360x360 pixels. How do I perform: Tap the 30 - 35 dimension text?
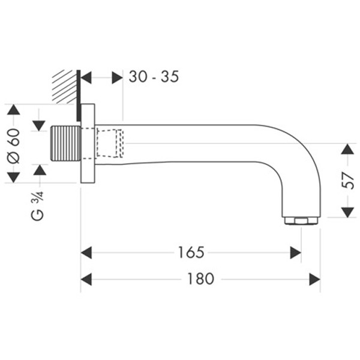[154, 77]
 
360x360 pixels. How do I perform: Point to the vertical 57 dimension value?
[347, 179]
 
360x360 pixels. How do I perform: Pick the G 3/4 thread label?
[37, 205]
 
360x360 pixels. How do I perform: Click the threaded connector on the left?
[66, 144]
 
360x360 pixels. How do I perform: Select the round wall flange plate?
[88, 144]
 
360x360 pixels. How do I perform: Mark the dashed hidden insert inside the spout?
[110, 144]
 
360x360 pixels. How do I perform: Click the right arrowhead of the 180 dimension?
[314, 279]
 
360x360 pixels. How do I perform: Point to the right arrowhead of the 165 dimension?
[295, 253]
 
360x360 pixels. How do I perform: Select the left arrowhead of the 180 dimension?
[86, 279]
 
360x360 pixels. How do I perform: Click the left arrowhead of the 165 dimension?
[86, 253]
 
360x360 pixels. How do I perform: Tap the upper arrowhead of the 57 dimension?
[347, 149]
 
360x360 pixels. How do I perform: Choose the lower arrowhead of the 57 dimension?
[347, 212]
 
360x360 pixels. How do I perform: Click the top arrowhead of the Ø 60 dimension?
[14, 110]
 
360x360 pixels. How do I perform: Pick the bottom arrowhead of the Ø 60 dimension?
[14, 177]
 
